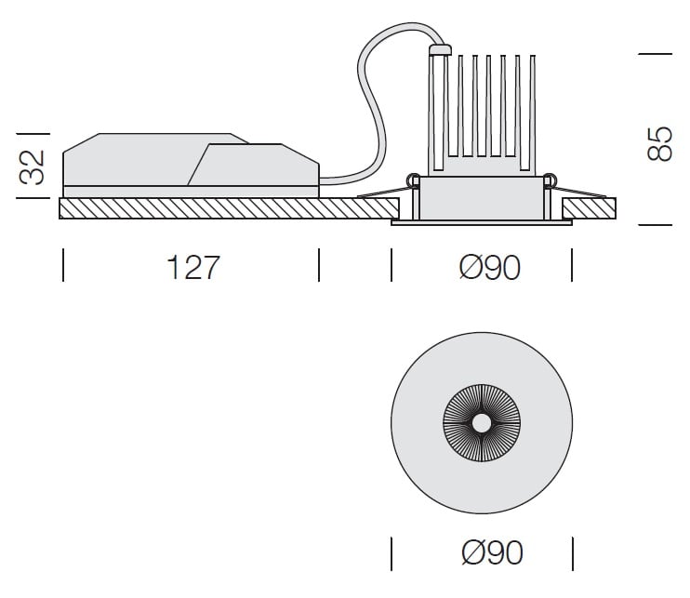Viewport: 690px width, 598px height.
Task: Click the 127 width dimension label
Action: pos(193,267)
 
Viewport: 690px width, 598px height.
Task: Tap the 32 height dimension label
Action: pos(33,167)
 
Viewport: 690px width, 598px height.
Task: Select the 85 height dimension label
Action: pos(659,144)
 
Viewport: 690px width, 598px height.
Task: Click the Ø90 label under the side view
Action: pos(489,267)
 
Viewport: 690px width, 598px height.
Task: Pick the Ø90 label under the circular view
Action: pos(493,552)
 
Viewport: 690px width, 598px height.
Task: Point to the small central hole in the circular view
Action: pos(482,423)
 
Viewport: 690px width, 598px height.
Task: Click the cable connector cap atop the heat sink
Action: pos(440,49)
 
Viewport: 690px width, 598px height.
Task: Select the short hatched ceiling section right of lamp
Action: pos(590,208)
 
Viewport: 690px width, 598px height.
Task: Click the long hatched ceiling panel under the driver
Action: pos(229,208)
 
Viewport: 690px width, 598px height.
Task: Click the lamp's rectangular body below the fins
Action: pos(482,198)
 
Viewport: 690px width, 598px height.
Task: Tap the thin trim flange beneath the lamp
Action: pos(482,222)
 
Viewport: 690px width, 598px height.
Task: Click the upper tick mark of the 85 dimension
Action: pos(656,54)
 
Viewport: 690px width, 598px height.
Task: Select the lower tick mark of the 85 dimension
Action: pos(656,225)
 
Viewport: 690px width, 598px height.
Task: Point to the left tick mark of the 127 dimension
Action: pos(63,265)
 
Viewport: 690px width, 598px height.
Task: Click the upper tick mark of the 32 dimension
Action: pos(33,133)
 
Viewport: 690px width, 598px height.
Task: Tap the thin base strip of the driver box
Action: pos(191,192)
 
